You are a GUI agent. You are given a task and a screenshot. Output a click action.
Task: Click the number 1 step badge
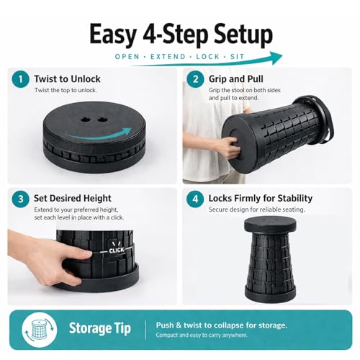21,79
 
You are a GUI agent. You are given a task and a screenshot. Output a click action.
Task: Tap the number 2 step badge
195,79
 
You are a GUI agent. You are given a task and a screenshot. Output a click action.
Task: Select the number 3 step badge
21,199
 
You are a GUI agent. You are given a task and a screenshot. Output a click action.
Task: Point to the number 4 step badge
195,199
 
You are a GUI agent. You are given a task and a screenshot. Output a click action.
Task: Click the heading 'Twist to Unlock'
67,79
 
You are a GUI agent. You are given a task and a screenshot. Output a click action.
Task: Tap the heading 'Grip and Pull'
236,79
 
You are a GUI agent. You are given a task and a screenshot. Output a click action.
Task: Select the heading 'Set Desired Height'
73,199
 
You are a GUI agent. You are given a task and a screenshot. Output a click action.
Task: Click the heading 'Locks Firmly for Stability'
261,199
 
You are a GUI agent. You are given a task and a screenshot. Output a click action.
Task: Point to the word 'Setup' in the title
243,35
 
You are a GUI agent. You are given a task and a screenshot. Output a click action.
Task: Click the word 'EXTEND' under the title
168,57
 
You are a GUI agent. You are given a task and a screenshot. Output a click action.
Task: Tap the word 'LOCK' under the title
208,57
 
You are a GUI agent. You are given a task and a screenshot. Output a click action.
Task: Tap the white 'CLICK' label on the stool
117,251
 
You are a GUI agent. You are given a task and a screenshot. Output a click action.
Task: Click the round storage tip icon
40,330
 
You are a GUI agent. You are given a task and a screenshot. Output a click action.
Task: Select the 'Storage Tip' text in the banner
100,328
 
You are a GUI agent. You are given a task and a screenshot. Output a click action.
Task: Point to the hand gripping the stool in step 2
231,146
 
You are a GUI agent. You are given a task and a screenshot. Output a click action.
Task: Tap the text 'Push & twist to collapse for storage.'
222,325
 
